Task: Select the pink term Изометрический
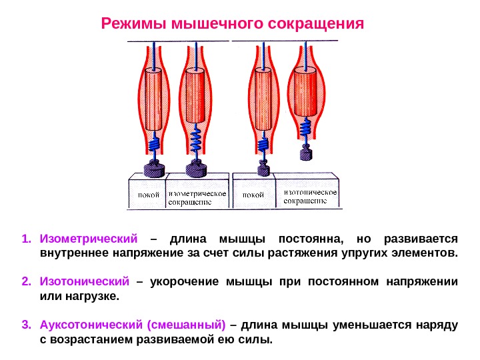89,238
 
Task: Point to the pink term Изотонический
84,281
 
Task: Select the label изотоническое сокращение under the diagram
311,197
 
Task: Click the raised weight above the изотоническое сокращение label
305,155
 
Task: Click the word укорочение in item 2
181,281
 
